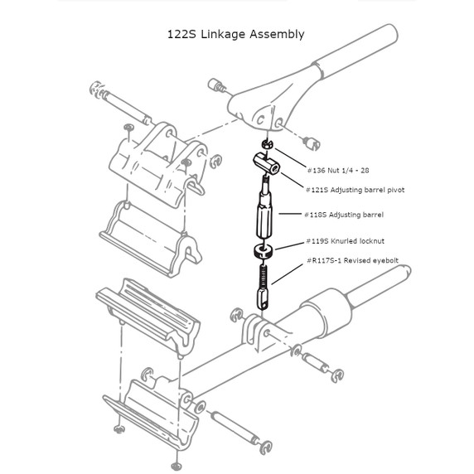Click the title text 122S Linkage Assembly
[236, 34]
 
